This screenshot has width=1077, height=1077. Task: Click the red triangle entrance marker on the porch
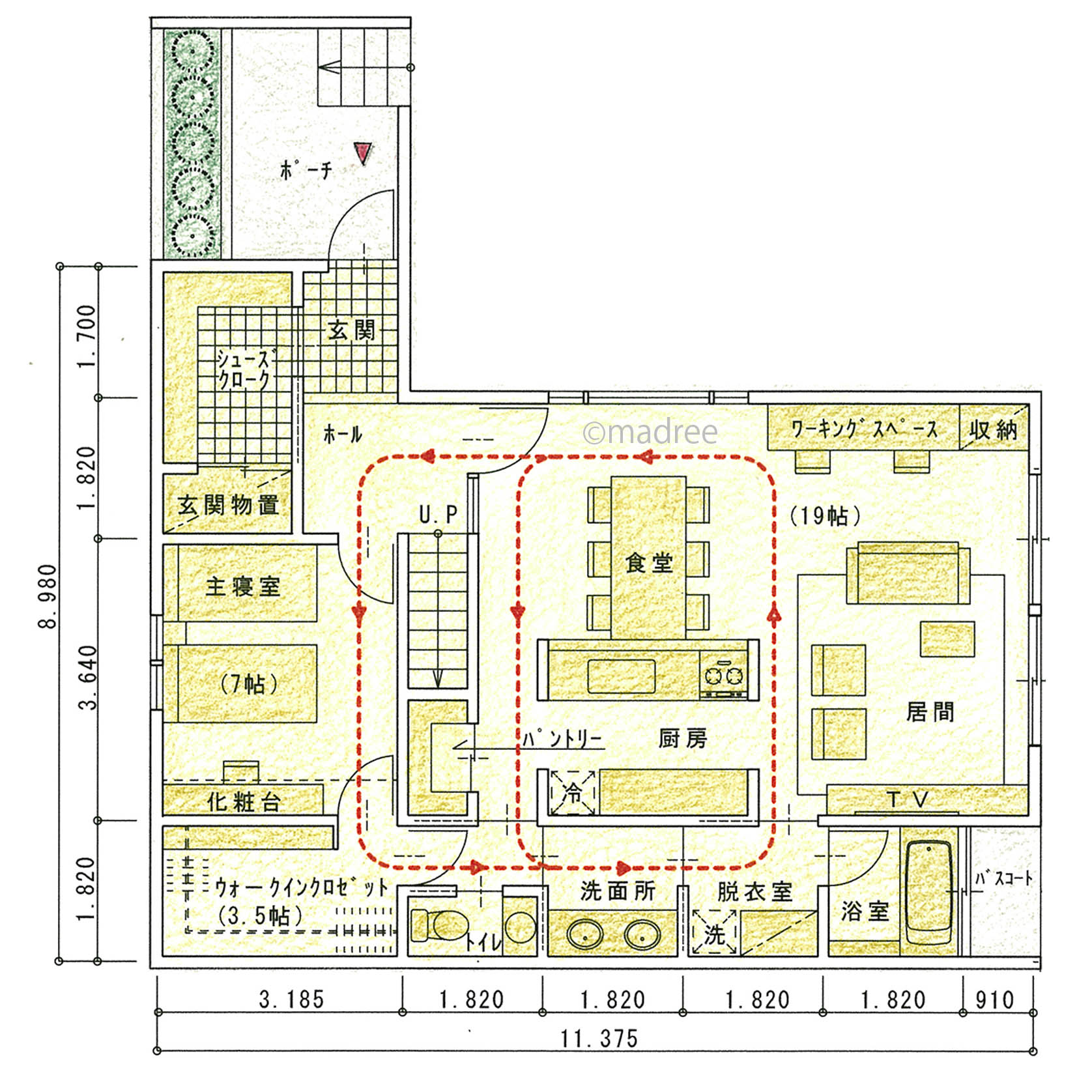pyautogui.click(x=363, y=152)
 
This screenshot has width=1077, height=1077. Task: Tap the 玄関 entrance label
pyautogui.click(x=352, y=330)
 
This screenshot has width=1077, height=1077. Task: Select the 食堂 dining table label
pyautogui.click(x=648, y=562)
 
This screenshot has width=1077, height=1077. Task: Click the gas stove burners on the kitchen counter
pyautogui.click(x=724, y=675)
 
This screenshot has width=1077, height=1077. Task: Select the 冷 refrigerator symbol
pyautogui.click(x=572, y=792)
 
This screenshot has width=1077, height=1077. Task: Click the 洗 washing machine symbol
pyautogui.click(x=714, y=932)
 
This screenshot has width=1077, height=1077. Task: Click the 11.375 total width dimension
pyautogui.click(x=599, y=1038)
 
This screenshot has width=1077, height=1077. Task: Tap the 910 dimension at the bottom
pyautogui.click(x=994, y=999)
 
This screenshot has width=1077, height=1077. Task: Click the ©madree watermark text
pyautogui.click(x=650, y=432)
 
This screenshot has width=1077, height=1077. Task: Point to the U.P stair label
pyautogui.click(x=438, y=515)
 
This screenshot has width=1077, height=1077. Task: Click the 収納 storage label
pyautogui.click(x=993, y=430)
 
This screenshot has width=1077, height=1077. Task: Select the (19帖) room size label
pyautogui.click(x=824, y=516)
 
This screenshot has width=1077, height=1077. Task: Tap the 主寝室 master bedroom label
pyautogui.click(x=242, y=586)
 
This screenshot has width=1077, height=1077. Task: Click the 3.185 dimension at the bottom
pyautogui.click(x=291, y=999)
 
